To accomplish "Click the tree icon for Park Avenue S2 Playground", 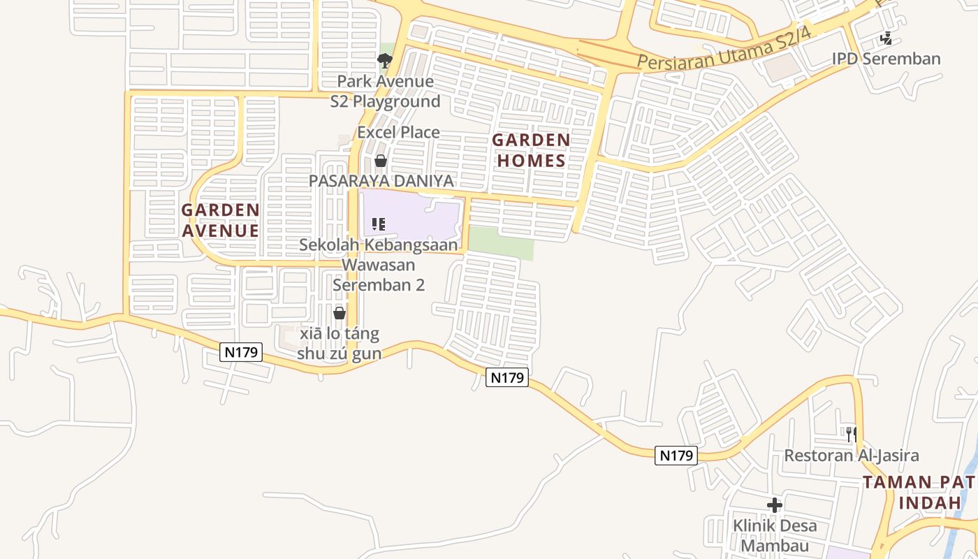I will (384, 61).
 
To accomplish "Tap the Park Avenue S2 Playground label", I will (386, 92).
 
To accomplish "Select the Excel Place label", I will (398, 132).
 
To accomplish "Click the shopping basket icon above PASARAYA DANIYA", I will (381, 161).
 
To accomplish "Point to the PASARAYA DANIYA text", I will (381, 181).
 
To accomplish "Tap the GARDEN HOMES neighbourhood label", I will (531, 150).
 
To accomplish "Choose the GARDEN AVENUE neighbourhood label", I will (221, 220).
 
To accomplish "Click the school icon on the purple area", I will (379, 224).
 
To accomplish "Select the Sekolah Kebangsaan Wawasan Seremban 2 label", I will (379, 265).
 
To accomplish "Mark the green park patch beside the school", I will (500, 242).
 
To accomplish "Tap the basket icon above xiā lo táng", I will (340, 312).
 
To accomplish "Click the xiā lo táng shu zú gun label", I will (340, 343).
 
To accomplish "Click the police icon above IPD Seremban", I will (886, 39).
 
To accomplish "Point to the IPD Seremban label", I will (886, 59).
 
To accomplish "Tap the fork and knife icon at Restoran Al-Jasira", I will (852, 434).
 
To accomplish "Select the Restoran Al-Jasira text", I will (852, 456).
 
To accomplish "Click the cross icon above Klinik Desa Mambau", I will (774, 504).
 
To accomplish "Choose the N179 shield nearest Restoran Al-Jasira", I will (676, 456).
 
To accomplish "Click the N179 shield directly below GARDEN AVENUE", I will (241, 352).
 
